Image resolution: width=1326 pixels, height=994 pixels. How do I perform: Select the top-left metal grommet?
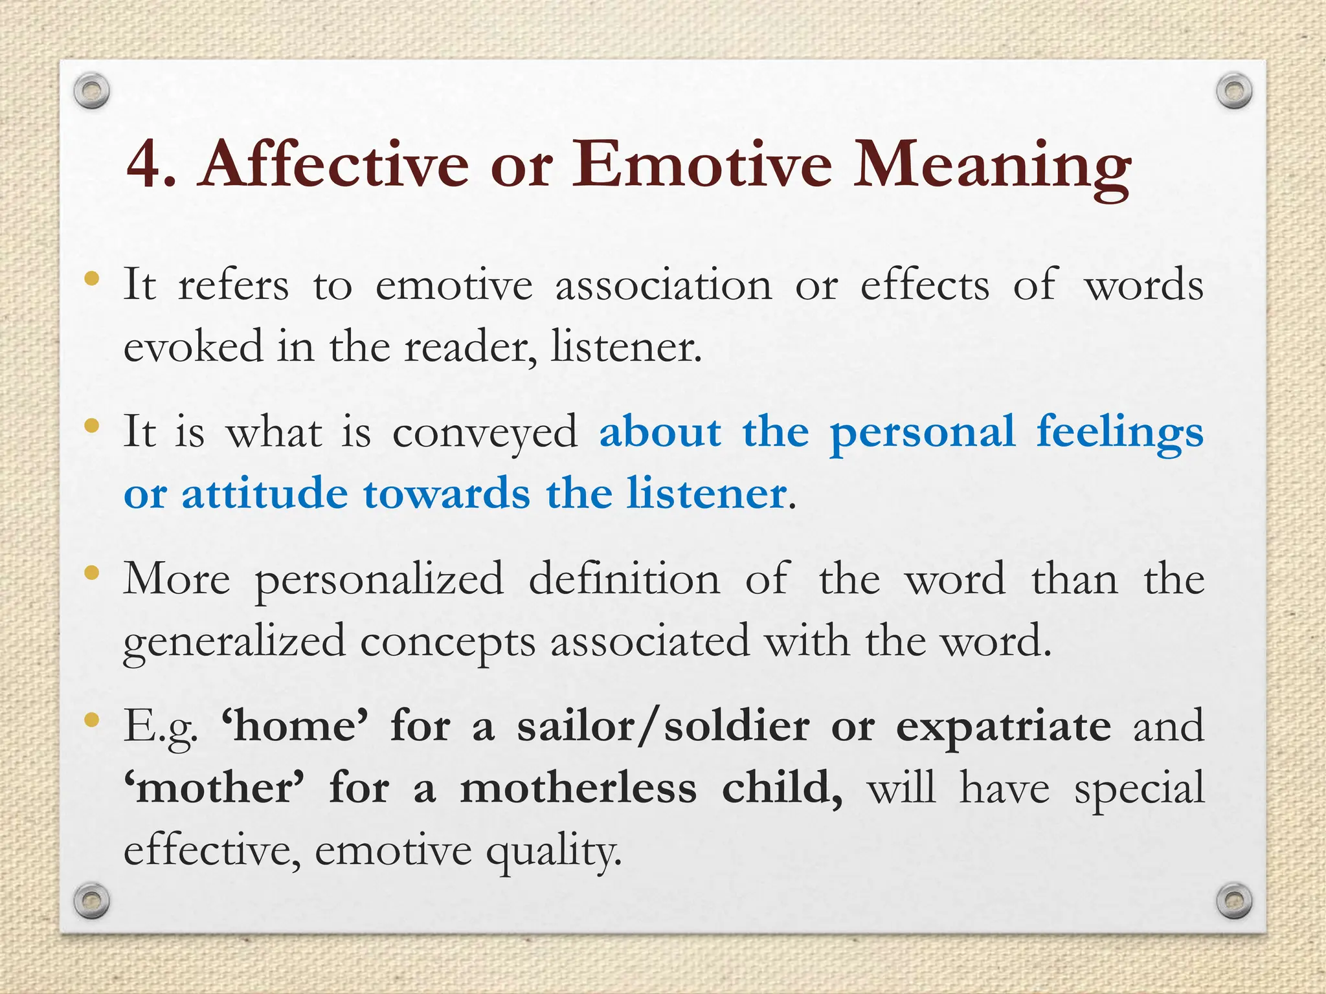tap(91, 91)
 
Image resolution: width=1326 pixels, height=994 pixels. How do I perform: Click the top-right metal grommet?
tap(1234, 91)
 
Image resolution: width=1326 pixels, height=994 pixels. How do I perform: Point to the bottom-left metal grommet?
tap(91, 900)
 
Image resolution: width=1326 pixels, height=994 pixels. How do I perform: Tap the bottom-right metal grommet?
tap(1234, 900)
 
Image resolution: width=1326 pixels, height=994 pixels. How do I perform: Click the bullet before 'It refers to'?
tap(92, 279)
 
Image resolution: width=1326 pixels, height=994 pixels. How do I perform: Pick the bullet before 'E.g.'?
tap(92, 719)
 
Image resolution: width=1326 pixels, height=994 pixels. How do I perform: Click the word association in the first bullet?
tap(664, 285)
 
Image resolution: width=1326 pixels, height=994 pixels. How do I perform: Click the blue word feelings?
tap(1119, 432)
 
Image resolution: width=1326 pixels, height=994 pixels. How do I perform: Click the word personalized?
tap(379, 580)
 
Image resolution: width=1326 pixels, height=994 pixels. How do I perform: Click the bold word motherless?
tap(578, 789)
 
